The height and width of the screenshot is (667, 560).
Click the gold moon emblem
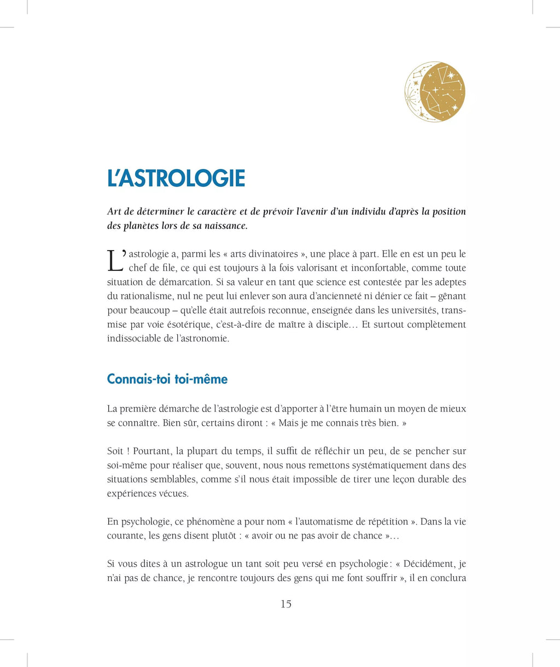click(x=435, y=91)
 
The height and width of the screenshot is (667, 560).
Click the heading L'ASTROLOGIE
click(x=176, y=179)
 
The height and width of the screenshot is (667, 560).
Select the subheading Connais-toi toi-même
click(x=167, y=379)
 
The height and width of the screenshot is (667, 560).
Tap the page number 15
click(x=286, y=604)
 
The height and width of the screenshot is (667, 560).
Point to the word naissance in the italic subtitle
click(x=225, y=225)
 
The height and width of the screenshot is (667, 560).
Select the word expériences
click(x=131, y=494)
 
